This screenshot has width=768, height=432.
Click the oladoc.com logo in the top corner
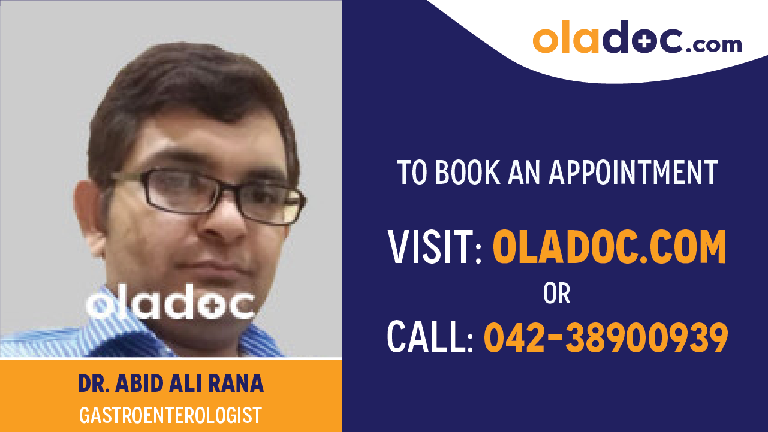pos(637,38)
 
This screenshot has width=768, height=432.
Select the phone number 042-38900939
pos(606,337)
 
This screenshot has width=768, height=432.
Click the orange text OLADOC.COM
pos(609,247)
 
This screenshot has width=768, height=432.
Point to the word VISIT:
pos(435,247)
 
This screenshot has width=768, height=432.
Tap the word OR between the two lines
pos(556,294)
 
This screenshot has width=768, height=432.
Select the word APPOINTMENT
pos(633,172)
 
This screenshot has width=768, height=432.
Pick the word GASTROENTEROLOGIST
pos(170,415)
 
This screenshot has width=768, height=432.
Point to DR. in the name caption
pos(94,384)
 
